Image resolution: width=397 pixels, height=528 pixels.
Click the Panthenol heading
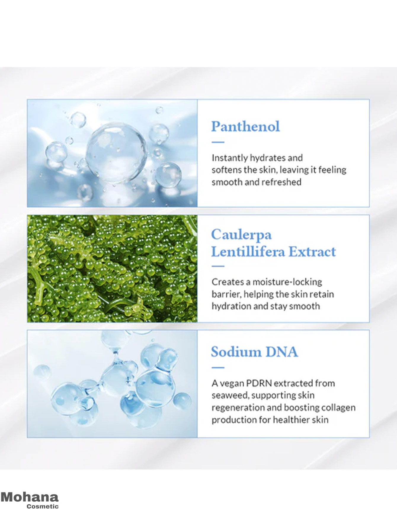tap(245, 127)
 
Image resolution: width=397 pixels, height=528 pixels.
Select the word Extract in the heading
tap(312, 252)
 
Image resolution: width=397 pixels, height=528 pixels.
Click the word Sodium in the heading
tap(236, 352)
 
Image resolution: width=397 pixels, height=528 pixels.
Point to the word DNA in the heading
tap(282, 352)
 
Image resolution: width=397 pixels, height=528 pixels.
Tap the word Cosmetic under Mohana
tap(43, 506)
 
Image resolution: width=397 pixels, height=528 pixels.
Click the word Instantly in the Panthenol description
tap(230, 158)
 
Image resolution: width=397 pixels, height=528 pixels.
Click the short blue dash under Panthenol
tap(218, 142)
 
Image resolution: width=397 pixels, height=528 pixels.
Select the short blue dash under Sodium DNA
tap(218, 368)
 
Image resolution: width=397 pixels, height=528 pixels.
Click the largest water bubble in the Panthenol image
tap(116, 153)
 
